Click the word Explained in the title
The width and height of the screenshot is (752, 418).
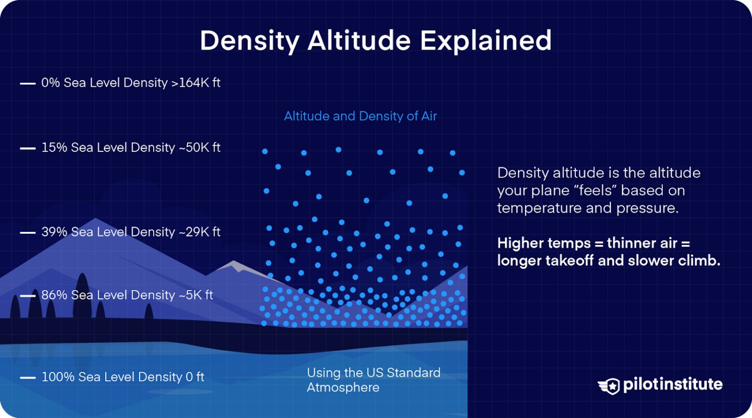coord(486,41)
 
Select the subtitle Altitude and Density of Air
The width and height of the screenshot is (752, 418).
coord(360,116)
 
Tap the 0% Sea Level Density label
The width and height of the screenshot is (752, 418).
coord(104,83)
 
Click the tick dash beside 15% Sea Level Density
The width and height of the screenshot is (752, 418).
coord(27,148)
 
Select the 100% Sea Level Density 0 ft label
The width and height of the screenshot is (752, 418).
coord(122,377)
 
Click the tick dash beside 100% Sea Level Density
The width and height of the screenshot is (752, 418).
coord(27,378)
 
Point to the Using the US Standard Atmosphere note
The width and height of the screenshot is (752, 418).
coord(373,380)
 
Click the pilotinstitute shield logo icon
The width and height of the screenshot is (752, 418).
coord(609,386)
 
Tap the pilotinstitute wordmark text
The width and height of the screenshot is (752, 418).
coord(672,385)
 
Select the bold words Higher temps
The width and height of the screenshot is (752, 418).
coord(544,244)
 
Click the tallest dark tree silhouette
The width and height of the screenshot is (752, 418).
coord(82,296)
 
